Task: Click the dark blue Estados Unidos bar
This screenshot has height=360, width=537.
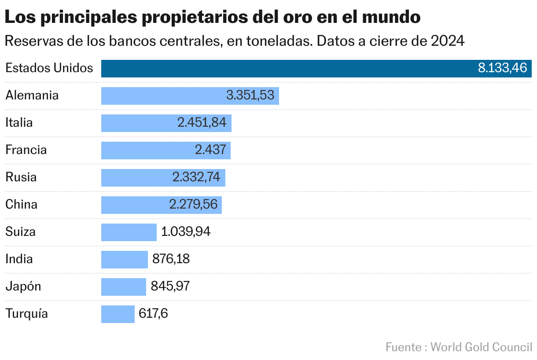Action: [x=286, y=69]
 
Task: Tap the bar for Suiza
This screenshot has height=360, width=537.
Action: [x=129, y=232]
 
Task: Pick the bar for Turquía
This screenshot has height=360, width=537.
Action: [x=118, y=314]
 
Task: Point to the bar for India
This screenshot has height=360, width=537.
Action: [x=124, y=260]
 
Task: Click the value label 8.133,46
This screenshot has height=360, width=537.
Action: [x=502, y=69]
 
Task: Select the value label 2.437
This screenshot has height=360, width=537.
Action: [x=210, y=151]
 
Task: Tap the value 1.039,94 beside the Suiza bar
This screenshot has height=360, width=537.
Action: [x=186, y=232]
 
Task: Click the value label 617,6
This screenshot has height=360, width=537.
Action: [x=153, y=314]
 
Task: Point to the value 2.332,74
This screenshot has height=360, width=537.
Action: [x=196, y=178]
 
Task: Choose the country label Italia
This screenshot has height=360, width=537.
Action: [x=19, y=123]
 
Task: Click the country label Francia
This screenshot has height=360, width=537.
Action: [x=26, y=150]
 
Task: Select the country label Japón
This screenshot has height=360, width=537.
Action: [x=23, y=287]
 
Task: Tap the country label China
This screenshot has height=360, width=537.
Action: [x=21, y=205]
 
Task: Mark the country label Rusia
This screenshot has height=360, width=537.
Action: [x=21, y=177]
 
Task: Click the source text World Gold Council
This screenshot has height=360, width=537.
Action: [x=481, y=347]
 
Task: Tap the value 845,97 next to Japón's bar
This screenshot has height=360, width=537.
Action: [x=170, y=287]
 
